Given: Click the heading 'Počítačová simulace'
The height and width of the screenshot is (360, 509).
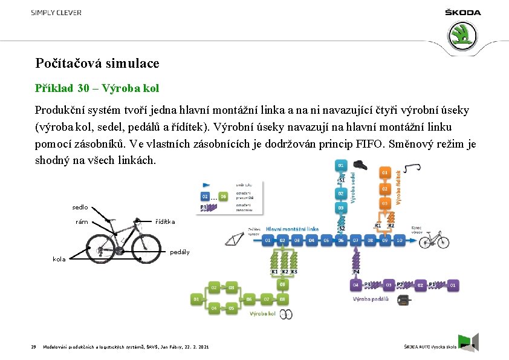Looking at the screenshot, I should (97, 63).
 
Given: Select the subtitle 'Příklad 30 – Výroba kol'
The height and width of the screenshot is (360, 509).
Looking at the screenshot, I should (97, 88).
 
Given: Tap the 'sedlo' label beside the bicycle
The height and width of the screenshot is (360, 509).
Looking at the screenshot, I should (80, 207).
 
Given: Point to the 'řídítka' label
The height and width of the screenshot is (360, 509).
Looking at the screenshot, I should (166, 222).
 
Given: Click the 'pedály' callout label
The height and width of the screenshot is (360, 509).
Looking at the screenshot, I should (180, 252).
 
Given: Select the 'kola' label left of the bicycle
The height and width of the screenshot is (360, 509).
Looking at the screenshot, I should (59, 259).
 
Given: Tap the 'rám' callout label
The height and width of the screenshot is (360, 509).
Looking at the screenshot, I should (82, 222).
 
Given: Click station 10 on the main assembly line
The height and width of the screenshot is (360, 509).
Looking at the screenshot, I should (399, 240).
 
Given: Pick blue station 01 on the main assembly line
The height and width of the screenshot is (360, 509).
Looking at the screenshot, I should (268, 240).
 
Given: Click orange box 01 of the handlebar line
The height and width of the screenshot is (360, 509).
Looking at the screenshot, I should (385, 172).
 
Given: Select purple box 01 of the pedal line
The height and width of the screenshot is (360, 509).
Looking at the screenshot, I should (453, 284).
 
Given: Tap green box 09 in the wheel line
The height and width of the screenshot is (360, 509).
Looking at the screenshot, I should (282, 284).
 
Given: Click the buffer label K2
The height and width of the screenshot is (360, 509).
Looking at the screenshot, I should (285, 272).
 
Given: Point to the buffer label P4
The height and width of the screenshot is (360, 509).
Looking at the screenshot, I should (357, 272).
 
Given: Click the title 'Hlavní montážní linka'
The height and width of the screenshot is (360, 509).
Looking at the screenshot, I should (292, 229).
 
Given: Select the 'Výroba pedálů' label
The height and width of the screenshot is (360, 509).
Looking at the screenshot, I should (371, 298).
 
